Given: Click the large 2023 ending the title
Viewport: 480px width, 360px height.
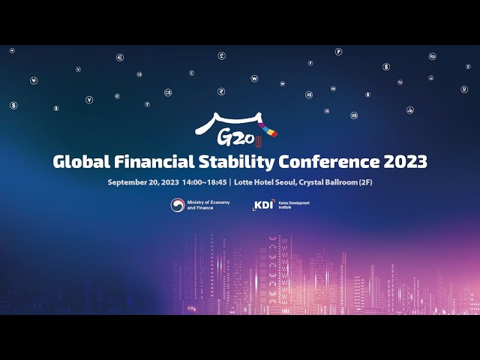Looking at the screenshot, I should pyautogui.click(x=406, y=161).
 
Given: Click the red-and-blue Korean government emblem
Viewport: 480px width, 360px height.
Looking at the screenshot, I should pyautogui.click(x=178, y=205).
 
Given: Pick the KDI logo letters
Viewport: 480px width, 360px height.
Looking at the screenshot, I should pyautogui.click(x=263, y=204).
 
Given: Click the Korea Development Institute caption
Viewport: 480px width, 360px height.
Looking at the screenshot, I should pyautogui.click(x=292, y=204).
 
